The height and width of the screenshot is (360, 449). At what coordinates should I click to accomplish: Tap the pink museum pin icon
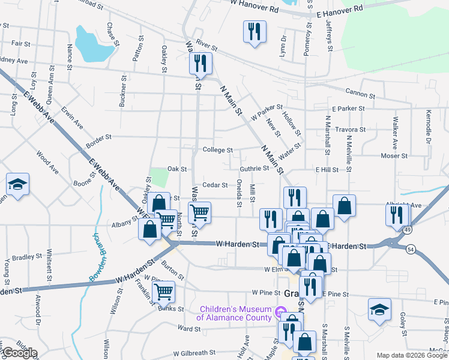click(280, 312)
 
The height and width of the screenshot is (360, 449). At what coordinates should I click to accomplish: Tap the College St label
click(217, 150)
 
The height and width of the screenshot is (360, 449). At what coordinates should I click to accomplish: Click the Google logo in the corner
click(20, 353)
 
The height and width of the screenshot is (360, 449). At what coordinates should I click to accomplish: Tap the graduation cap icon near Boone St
click(18, 185)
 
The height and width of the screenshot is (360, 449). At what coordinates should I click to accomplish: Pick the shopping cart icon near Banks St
click(163, 292)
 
